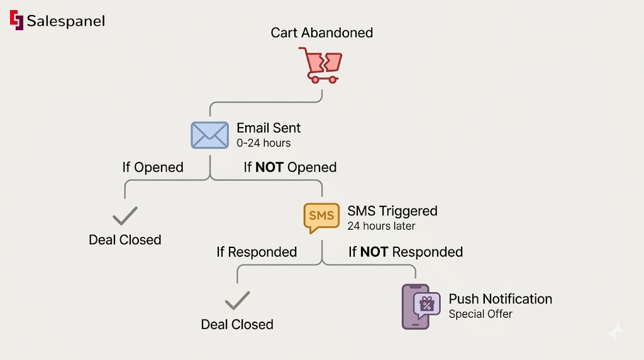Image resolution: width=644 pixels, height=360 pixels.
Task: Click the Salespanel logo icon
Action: (x=16, y=20)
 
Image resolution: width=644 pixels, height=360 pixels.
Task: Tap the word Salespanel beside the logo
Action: (x=65, y=21)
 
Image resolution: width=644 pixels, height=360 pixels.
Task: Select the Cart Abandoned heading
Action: (x=321, y=32)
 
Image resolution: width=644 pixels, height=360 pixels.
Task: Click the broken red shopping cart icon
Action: (x=321, y=65)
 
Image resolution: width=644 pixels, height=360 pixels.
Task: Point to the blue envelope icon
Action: (x=209, y=135)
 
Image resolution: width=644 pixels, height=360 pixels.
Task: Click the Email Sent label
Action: (x=269, y=128)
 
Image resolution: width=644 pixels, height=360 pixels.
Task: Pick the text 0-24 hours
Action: (x=264, y=143)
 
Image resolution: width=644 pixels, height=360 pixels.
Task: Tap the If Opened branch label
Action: (x=153, y=167)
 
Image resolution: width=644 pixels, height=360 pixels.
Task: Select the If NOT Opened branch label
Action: (x=290, y=167)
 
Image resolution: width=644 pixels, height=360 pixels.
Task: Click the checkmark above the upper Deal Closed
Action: (x=125, y=216)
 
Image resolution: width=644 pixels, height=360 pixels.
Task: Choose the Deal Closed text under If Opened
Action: (x=125, y=240)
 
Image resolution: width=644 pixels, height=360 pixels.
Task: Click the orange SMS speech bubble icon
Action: (x=321, y=217)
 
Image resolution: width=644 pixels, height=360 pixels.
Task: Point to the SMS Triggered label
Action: (x=392, y=211)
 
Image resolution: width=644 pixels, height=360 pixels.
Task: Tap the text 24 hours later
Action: (x=381, y=225)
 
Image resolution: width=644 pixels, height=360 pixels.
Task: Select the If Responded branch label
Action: (x=257, y=252)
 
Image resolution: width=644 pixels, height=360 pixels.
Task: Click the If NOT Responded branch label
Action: (x=406, y=252)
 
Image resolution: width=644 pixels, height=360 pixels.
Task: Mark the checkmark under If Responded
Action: (x=237, y=301)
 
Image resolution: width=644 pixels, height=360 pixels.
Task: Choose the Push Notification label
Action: (x=500, y=299)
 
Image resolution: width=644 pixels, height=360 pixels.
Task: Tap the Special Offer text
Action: (x=480, y=313)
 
